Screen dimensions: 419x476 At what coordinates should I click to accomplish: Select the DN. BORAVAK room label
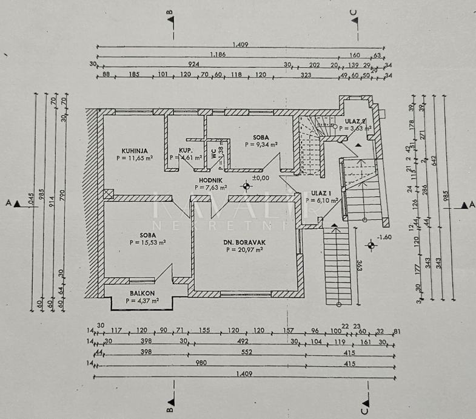[244, 241]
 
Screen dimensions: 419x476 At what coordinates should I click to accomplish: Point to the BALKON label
[142, 293]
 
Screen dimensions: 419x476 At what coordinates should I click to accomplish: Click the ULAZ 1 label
[321, 194]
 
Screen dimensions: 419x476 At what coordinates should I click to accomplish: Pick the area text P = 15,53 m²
[148, 242]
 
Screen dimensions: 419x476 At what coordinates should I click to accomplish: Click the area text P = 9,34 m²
[261, 145]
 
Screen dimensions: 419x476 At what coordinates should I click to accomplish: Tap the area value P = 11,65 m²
[134, 158]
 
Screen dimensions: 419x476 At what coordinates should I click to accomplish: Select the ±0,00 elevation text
[261, 179]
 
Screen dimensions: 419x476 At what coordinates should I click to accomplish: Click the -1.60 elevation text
[384, 237]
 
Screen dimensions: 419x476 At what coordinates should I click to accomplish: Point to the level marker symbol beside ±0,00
[246, 186]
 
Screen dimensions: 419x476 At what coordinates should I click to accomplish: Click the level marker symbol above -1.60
[370, 245]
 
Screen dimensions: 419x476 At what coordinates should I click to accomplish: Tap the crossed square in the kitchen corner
[109, 194]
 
